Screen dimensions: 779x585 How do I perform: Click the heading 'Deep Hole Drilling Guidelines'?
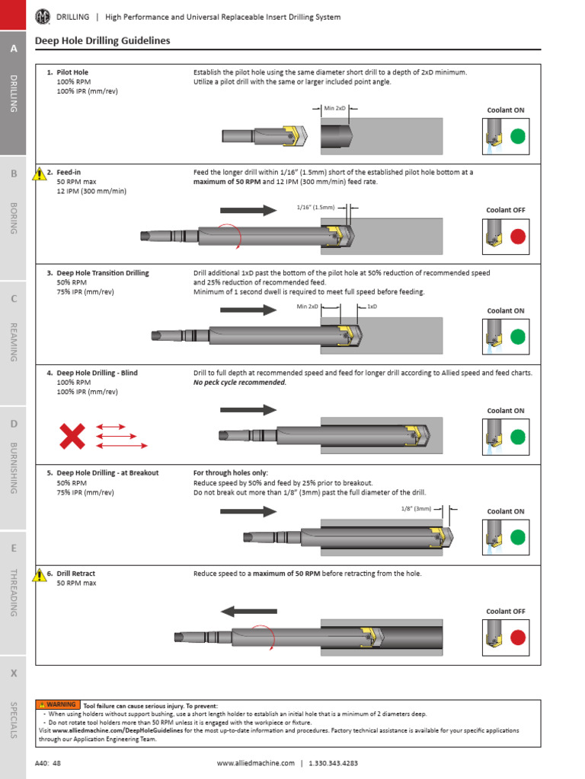click(x=103, y=41)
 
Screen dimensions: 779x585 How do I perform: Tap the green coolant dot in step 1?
click(x=518, y=136)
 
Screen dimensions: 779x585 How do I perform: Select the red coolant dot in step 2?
click(x=518, y=237)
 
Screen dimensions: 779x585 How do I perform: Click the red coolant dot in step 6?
click(x=518, y=638)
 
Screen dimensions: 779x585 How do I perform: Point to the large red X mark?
click(x=72, y=436)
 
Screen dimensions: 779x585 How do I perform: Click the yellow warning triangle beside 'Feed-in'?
click(x=40, y=174)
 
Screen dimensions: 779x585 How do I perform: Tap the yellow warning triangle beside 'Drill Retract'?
click(x=40, y=575)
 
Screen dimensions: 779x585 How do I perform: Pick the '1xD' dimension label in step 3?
click(x=372, y=307)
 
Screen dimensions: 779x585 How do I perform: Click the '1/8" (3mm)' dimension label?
click(x=416, y=509)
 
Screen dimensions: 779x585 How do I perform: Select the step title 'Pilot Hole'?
click(x=72, y=72)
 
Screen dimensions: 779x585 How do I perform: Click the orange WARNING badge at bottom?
click(x=58, y=704)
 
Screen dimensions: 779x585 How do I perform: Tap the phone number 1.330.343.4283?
click(x=333, y=763)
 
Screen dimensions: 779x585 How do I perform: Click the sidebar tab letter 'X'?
click(x=13, y=674)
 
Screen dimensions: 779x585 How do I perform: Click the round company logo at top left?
click(x=43, y=16)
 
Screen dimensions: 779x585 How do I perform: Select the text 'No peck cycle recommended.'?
click(x=240, y=383)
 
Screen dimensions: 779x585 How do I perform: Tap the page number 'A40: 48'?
click(x=48, y=763)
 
